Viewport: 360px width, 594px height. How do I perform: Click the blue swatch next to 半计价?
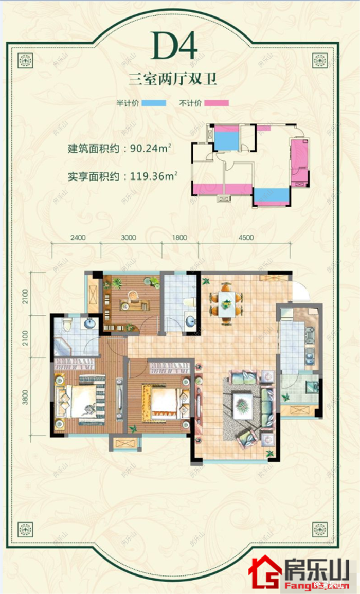[x=154, y=103]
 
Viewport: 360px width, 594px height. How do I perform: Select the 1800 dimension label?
[x=180, y=238]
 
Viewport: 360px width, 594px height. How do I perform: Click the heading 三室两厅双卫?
[x=172, y=80]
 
